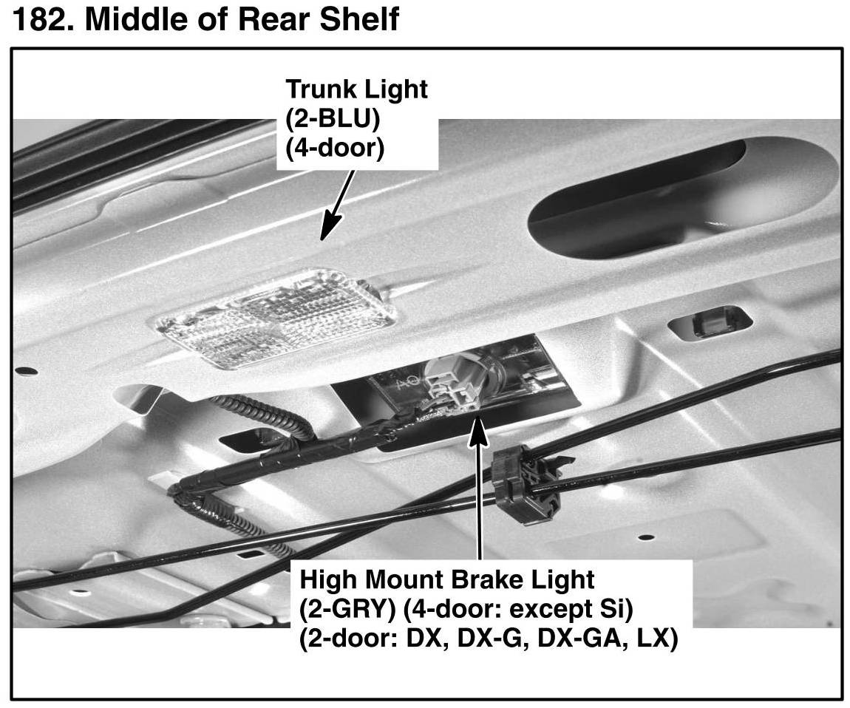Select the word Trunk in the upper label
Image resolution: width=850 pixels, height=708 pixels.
click(x=319, y=89)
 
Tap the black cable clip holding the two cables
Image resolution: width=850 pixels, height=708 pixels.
click(x=521, y=484)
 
